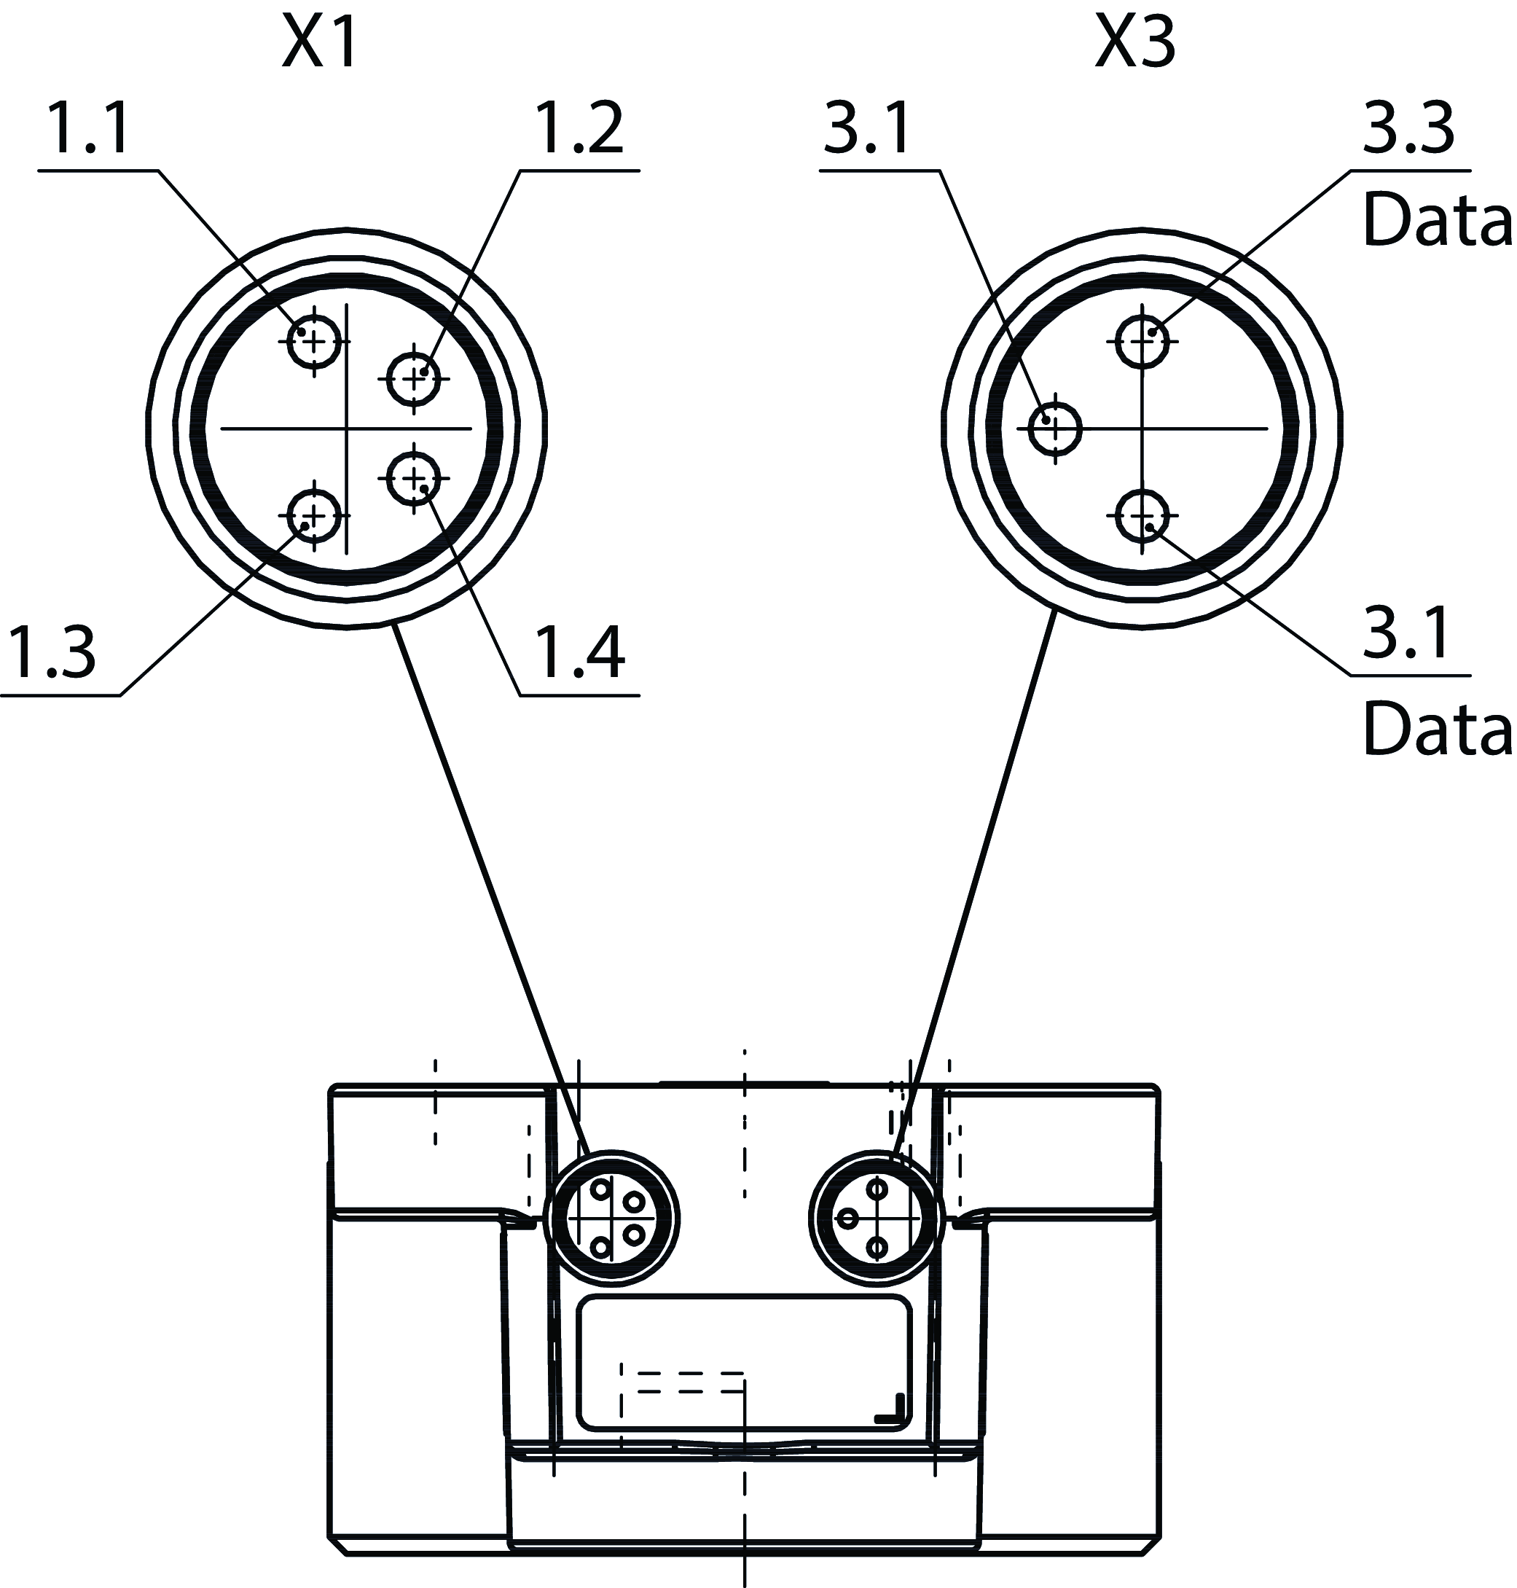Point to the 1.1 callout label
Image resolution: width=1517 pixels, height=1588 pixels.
(x=89, y=130)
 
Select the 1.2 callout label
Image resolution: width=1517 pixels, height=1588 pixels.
(x=581, y=130)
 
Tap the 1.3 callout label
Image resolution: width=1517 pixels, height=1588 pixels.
(x=50, y=653)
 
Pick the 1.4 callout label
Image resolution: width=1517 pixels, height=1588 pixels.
(x=581, y=653)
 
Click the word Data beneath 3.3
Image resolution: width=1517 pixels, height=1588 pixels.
(x=1436, y=220)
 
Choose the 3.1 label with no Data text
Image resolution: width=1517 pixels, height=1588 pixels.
(x=867, y=130)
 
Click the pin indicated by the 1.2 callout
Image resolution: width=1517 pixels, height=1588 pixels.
(x=414, y=378)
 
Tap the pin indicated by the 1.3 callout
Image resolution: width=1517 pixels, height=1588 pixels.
(x=314, y=515)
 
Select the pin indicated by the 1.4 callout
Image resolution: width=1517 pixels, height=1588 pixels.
(x=414, y=479)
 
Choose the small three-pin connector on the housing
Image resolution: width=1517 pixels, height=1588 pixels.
(x=876, y=1219)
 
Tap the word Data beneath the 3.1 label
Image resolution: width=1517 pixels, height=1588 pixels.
(x=1436, y=730)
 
